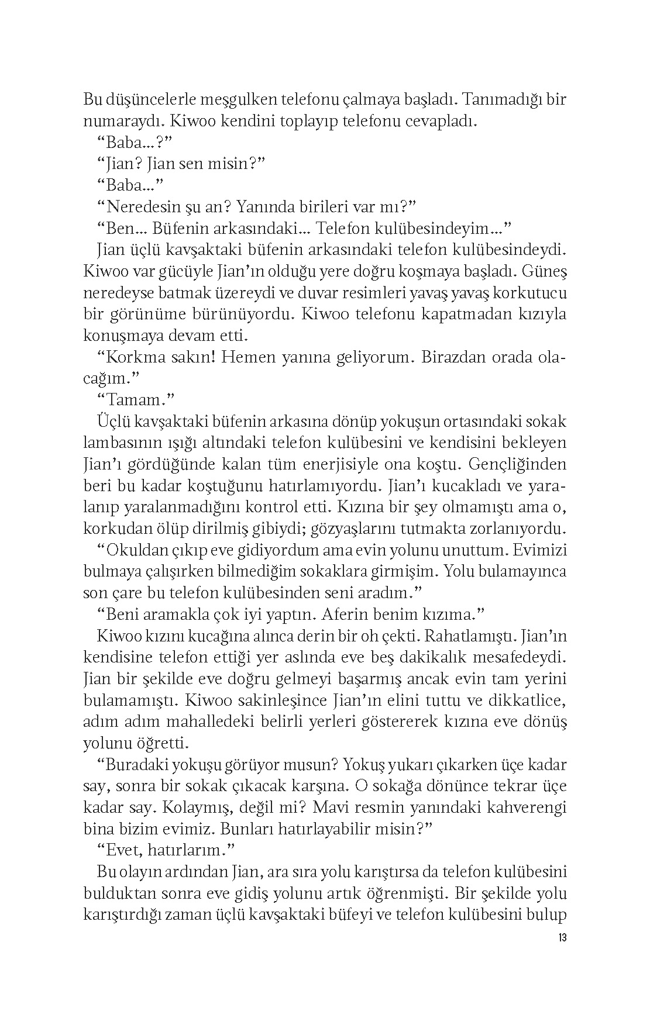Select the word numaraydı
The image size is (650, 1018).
[x=119, y=122]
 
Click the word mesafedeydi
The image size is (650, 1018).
[x=514, y=657]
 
